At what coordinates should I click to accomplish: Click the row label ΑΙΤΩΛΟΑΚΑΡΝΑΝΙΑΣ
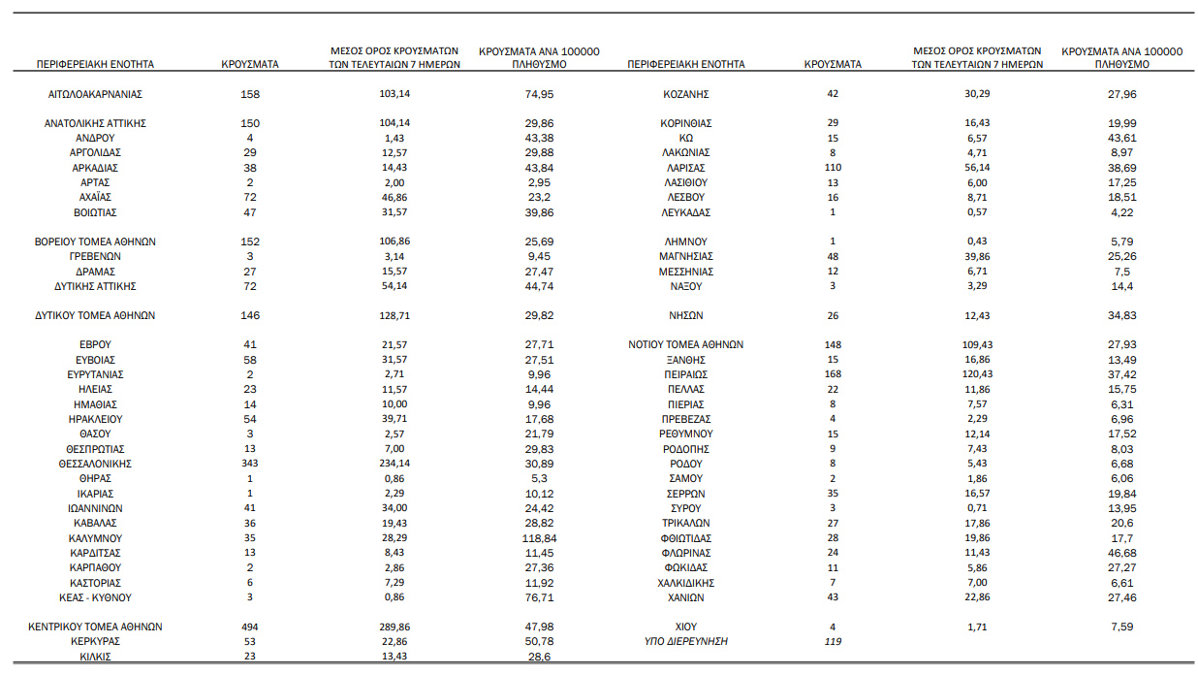coord(95,94)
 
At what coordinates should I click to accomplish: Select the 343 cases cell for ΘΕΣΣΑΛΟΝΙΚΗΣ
coord(250,464)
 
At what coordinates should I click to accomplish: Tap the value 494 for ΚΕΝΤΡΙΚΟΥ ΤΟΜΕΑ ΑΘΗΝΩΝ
coord(250,627)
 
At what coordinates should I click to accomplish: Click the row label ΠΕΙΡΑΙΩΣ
coord(686,374)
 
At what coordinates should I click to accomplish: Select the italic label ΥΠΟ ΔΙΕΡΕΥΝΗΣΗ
coord(686,642)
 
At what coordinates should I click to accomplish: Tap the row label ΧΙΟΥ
coord(686,627)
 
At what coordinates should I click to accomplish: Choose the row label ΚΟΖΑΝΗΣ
coord(686,94)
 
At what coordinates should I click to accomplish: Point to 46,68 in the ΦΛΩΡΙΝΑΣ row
coord(1121,553)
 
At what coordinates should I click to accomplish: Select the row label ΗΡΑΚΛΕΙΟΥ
coord(95,419)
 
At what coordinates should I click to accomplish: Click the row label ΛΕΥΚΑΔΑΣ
coord(686,212)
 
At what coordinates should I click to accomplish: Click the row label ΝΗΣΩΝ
coord(686,315)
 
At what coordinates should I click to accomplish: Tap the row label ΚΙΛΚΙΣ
coord(95,657)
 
